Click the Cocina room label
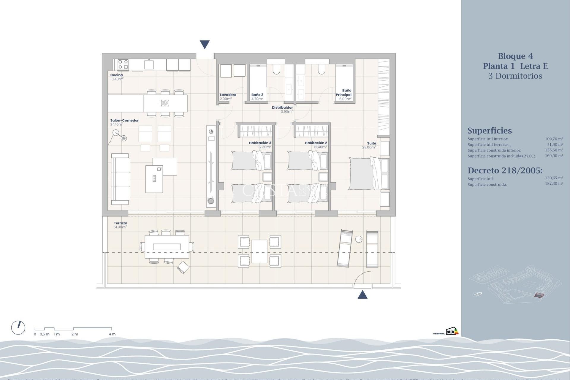pos(116,75)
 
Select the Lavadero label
pos(228,95)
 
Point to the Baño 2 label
pos(257,95)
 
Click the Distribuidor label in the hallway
pos(282,107)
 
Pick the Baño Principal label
pos(344,93)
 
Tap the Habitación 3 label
pos(260,143)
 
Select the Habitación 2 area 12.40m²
pos(320,147)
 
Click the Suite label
pos(371,143)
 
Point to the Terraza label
pos(120,223)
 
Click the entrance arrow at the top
pos(205,44)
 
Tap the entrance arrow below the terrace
pos(362,295)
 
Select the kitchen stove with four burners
pos(123,64)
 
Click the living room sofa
pos(120,179)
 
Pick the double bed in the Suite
pos(368,174)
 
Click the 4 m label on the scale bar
pos(112,334)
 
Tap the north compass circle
pos(18,328)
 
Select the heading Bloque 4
pos(515,56)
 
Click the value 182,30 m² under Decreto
pos(554,183)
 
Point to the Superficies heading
pos(489,131)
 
